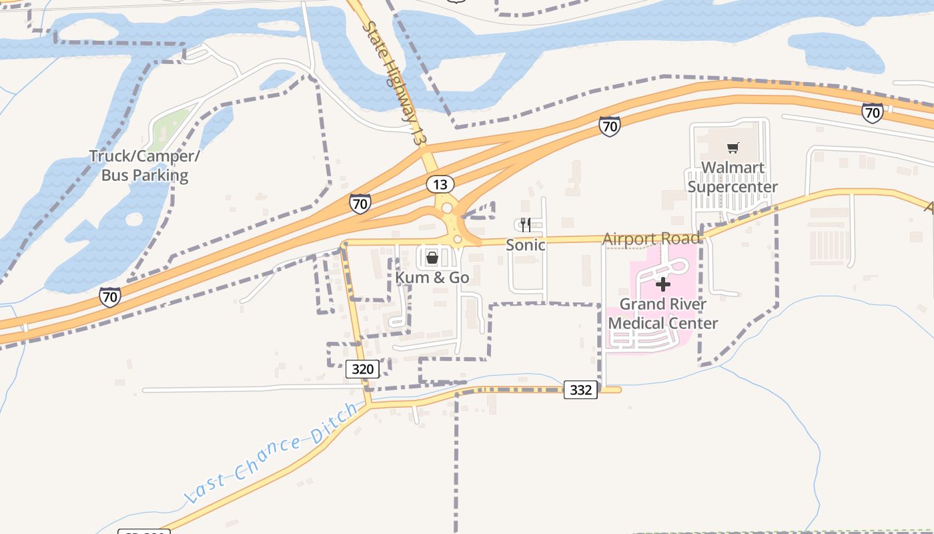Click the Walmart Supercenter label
(733, 177)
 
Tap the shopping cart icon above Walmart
(733, 148)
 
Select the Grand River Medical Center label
(663, 314)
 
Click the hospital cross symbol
(663, 285)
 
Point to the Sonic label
(526, 245)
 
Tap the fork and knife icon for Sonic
(526, 224)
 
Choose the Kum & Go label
(432, 278)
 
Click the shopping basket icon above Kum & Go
(432, 257)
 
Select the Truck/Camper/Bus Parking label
(145, 166)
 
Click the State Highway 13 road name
(393, 83)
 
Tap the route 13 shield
(440, 184)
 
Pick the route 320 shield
(363, 368)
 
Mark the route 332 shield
(580, 390)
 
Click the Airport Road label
(651, 238)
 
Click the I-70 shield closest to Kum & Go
(360, 203)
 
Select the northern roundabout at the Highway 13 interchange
(446, 208)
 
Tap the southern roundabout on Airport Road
(458, 239)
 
